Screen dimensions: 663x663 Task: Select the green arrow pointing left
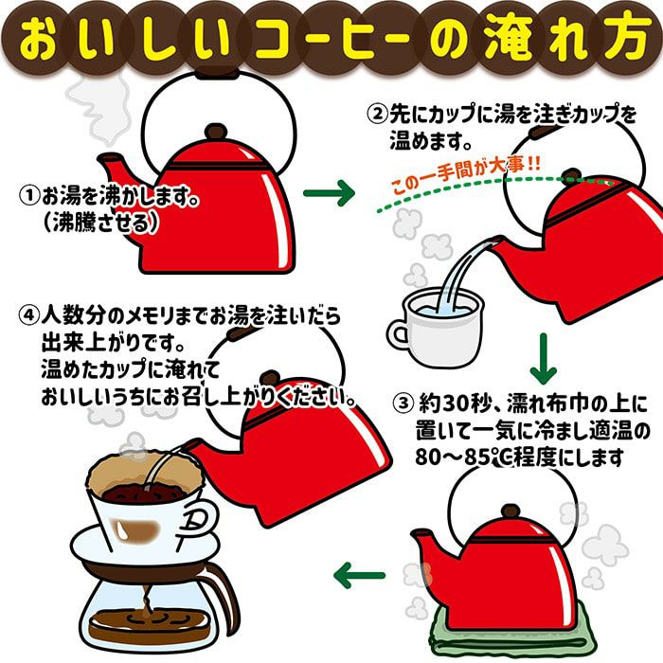point(361,573)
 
